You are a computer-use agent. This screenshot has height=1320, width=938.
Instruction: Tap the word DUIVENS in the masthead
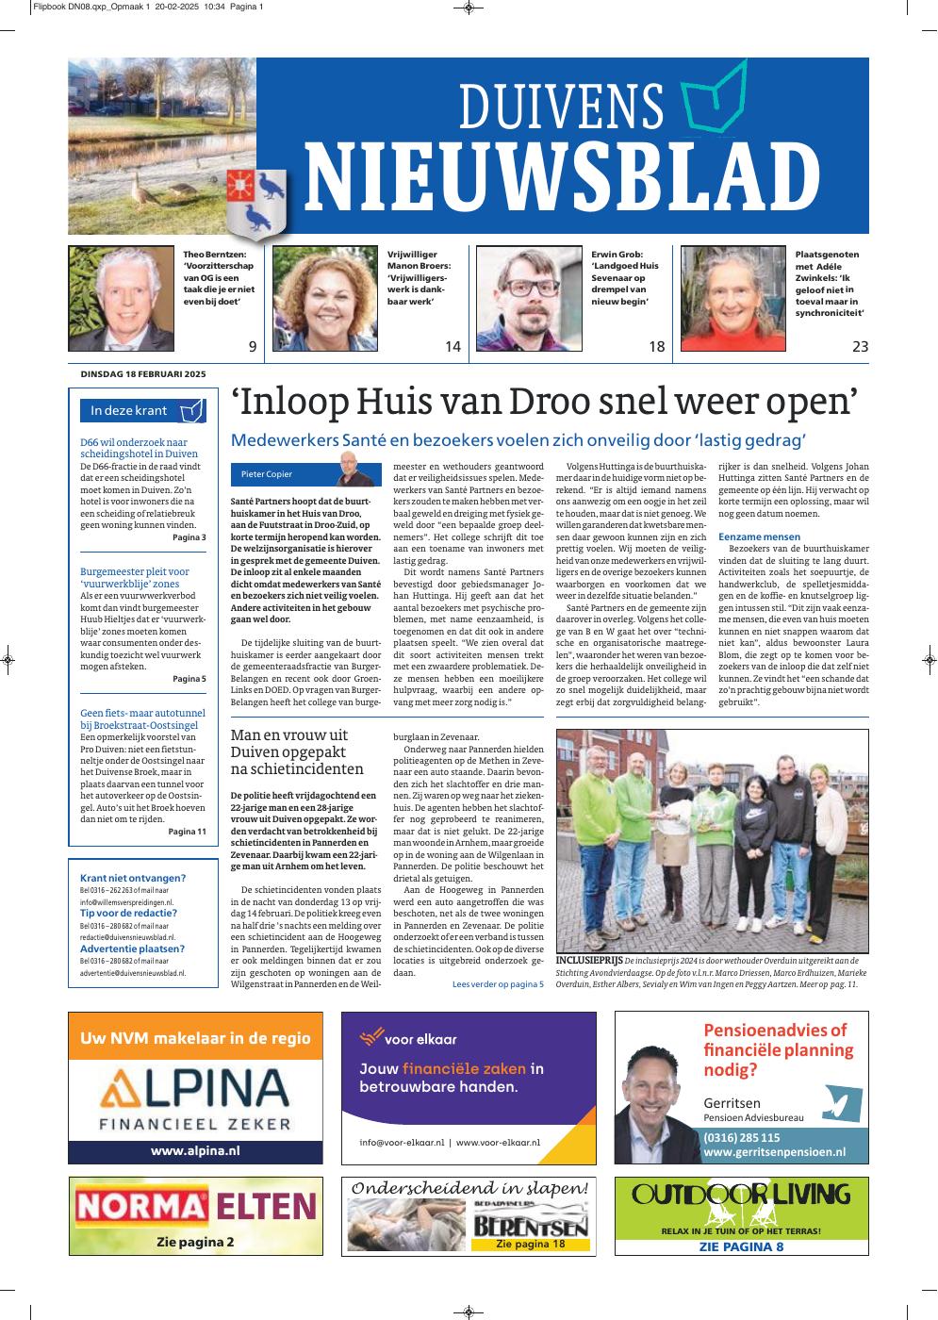point(562,107)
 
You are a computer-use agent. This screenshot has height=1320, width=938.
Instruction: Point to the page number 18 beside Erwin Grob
point(656,347)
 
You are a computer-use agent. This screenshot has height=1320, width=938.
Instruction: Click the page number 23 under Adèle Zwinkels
point(860,347)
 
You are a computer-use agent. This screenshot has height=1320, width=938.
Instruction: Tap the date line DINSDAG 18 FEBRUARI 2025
point(143,373)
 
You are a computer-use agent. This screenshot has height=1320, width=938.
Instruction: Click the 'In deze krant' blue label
point(129,410)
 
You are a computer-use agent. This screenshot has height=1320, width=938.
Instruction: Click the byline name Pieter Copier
point(267,474)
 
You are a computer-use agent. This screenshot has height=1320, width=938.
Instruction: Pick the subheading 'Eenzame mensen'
point(759,536)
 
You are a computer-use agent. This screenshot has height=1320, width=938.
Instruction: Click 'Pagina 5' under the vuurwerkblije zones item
point(189,678)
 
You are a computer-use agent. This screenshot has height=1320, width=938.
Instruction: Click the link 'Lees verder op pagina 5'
point(498,984)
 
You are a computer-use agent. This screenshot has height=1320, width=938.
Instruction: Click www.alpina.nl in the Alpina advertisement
point(195,1151)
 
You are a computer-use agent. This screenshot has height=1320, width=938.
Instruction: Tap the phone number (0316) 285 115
point(742,1137)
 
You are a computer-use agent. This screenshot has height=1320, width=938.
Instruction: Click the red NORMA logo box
point(141,1206)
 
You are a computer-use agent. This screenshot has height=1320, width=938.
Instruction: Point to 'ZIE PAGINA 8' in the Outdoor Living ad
point(741,1247)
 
